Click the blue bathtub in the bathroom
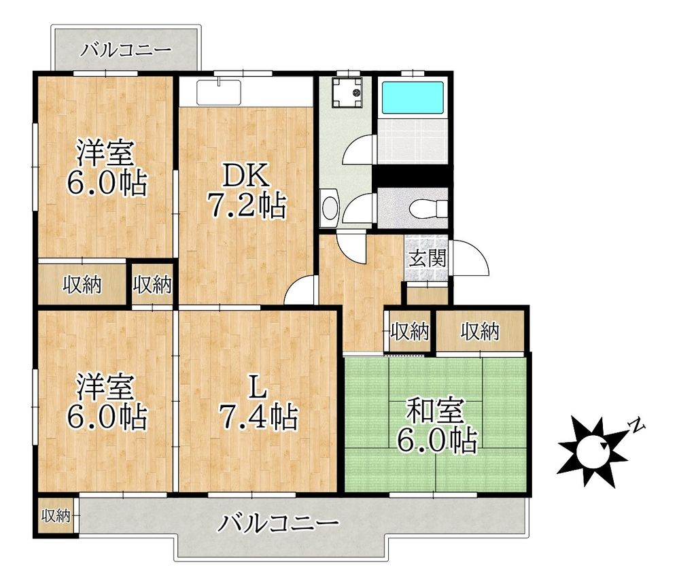tap(413, 99)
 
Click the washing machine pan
tap(347, 92)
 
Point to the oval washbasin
tap(330, 207)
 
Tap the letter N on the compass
tap(636, 426)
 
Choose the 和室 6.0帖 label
tap(435, 427)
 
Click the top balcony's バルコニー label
tap(126, 50)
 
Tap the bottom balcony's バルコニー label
tap(279, 523)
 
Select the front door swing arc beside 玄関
tap(469, 258)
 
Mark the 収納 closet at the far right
tap(480, 332)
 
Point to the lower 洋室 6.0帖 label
tap(105, 402)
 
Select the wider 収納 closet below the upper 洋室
tap(82, 286)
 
